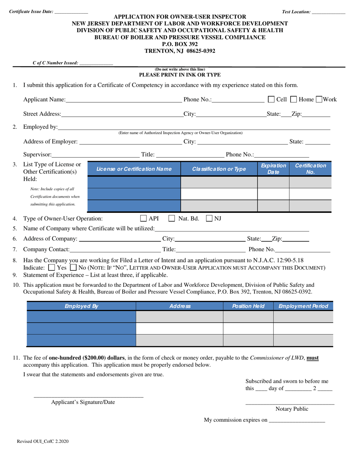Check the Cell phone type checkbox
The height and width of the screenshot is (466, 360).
point(271,99)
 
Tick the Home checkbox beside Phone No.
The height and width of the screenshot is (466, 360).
point(294,99)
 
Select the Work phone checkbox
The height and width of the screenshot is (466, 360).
point(319,99)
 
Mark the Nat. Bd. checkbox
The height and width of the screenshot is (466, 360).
point(172,218)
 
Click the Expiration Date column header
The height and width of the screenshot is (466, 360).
point(273,169)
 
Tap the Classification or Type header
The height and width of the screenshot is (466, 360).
point(219,169)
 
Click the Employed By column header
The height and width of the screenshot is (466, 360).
point(81,306)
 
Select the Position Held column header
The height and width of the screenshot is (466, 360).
point(248,306)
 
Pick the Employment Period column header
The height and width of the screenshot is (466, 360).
point(303,306)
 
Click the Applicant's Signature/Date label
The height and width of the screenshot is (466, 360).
point(83,402)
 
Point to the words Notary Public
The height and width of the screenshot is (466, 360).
point(290,409)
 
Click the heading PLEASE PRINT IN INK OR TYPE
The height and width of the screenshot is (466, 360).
point(180,75)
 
